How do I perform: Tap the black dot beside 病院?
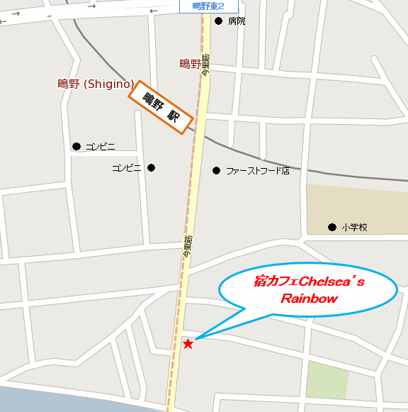coord(218,21)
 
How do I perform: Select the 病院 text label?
coord(237,21)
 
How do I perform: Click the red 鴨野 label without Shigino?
coord(191,64)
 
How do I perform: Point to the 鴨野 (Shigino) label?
coord(96,84)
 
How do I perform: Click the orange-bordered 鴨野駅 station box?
coord(161,106)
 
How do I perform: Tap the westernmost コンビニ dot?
coord(76,147)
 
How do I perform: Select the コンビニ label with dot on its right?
coord(127,168)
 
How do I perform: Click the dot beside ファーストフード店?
coord(216,170)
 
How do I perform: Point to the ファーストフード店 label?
coord(258,171)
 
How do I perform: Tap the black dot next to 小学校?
coord(331,228)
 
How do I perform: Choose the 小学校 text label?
coord(354,228)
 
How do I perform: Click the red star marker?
coord(188,344)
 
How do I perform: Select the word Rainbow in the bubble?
coord(309,299)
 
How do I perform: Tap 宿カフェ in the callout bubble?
coord(276,282)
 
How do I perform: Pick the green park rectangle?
coord(327,380)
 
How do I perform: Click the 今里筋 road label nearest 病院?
coord(205,65)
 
